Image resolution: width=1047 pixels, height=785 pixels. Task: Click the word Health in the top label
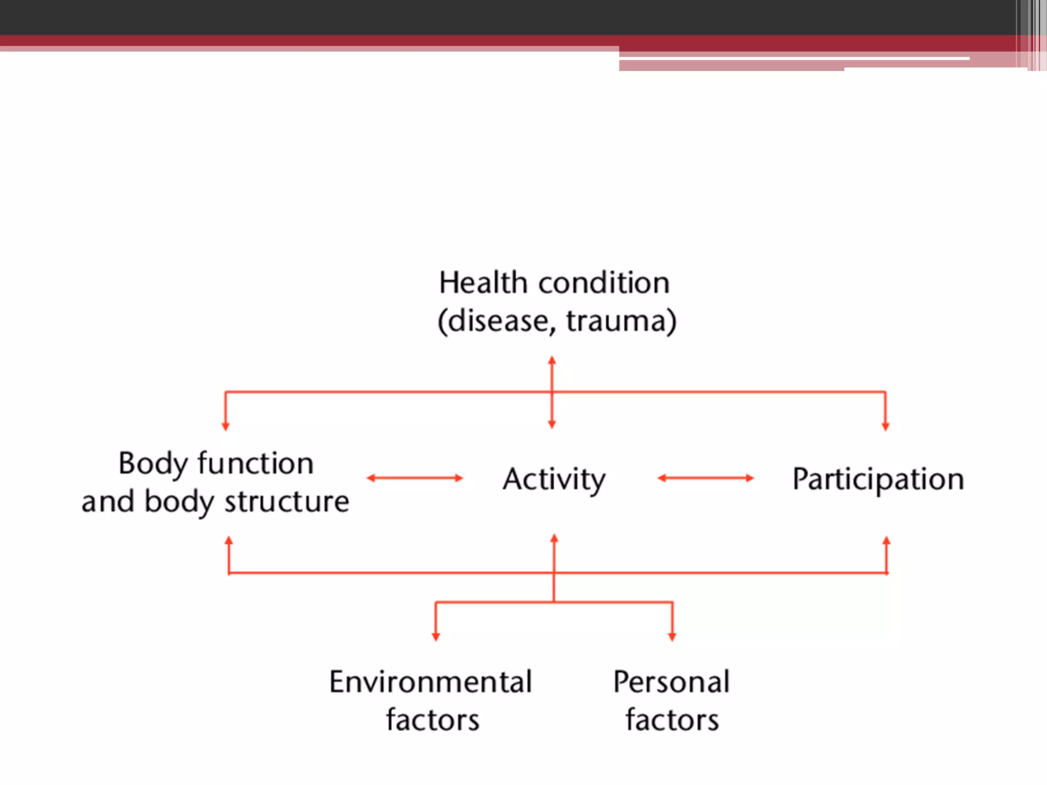coord(483,283)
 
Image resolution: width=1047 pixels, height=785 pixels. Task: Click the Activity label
coord(554,479)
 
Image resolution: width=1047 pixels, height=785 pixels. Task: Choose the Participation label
coord(878,479)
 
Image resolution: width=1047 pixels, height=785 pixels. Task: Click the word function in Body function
coord(256,464)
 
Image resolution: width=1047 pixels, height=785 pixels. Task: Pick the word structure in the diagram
coord(287,502)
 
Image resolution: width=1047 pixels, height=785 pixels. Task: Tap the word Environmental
coord(430,682)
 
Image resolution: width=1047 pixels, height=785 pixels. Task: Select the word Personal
coord(672,682)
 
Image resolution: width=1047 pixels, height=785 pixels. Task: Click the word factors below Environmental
coord(433,720)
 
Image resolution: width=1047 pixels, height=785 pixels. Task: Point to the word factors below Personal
coord(672,720)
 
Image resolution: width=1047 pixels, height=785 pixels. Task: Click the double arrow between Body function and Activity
coord(415,478)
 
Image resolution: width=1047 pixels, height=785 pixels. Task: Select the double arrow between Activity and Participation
coord(705,478)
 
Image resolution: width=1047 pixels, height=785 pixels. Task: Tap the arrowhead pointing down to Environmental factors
coord(436,636)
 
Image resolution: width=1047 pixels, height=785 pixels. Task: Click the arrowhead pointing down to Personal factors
coord(672,636)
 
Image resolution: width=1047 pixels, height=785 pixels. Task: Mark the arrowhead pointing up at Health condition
coord(552,361)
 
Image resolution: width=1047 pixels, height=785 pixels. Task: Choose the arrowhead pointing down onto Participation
coord(885,426)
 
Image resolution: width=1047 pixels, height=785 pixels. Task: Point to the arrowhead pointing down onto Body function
coord(225,426)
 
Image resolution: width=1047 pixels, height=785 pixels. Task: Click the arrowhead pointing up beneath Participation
coord(886,541)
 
